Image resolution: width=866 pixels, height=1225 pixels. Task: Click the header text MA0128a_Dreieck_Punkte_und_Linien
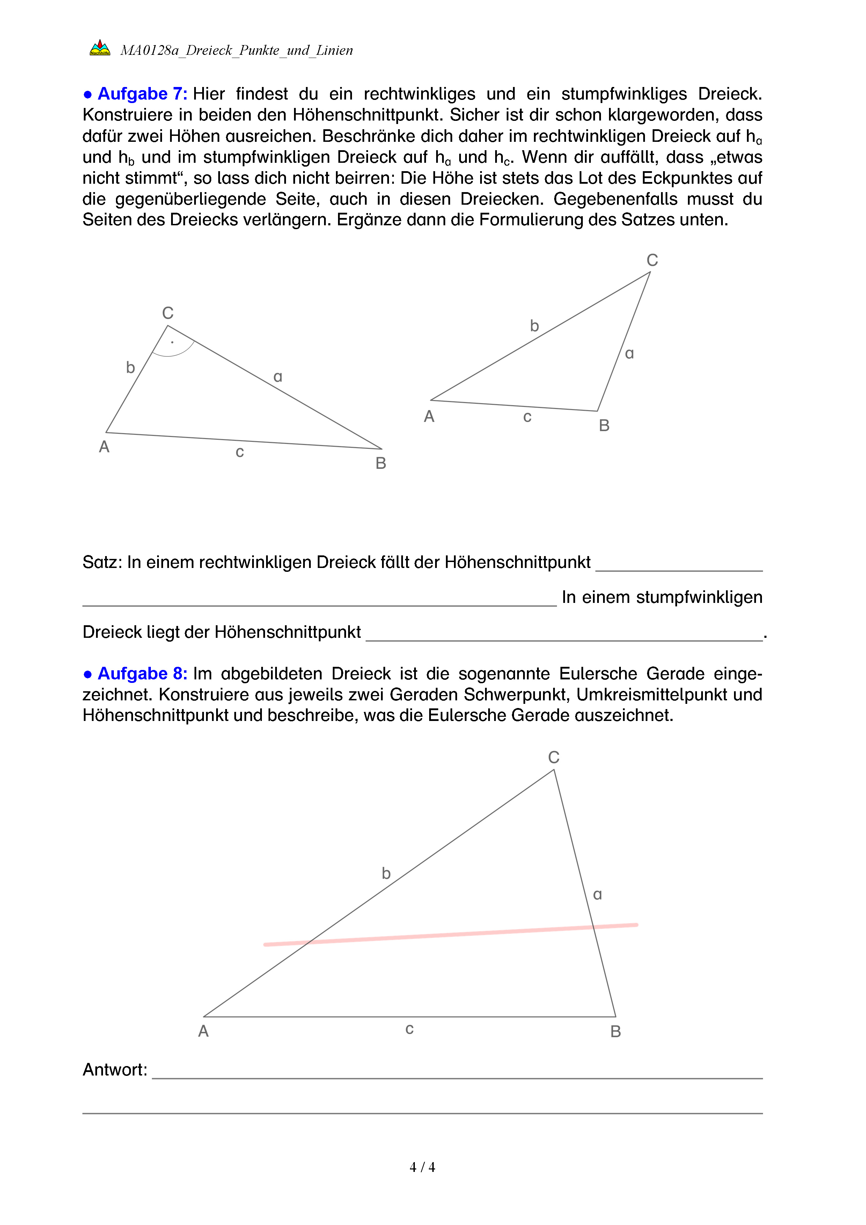236,50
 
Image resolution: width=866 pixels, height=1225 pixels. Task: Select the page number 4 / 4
422,1167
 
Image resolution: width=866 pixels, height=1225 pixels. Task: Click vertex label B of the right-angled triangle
381,463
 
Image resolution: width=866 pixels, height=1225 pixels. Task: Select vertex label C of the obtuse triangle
652,260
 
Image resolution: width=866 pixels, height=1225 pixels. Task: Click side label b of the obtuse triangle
534,326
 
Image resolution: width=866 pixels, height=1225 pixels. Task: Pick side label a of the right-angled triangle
277,377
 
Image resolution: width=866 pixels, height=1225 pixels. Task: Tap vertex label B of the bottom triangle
615,1031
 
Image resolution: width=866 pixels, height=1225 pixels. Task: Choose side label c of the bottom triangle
410,1029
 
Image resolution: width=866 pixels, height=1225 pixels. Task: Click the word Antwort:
115,1070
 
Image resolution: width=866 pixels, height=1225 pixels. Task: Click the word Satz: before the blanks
102,562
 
